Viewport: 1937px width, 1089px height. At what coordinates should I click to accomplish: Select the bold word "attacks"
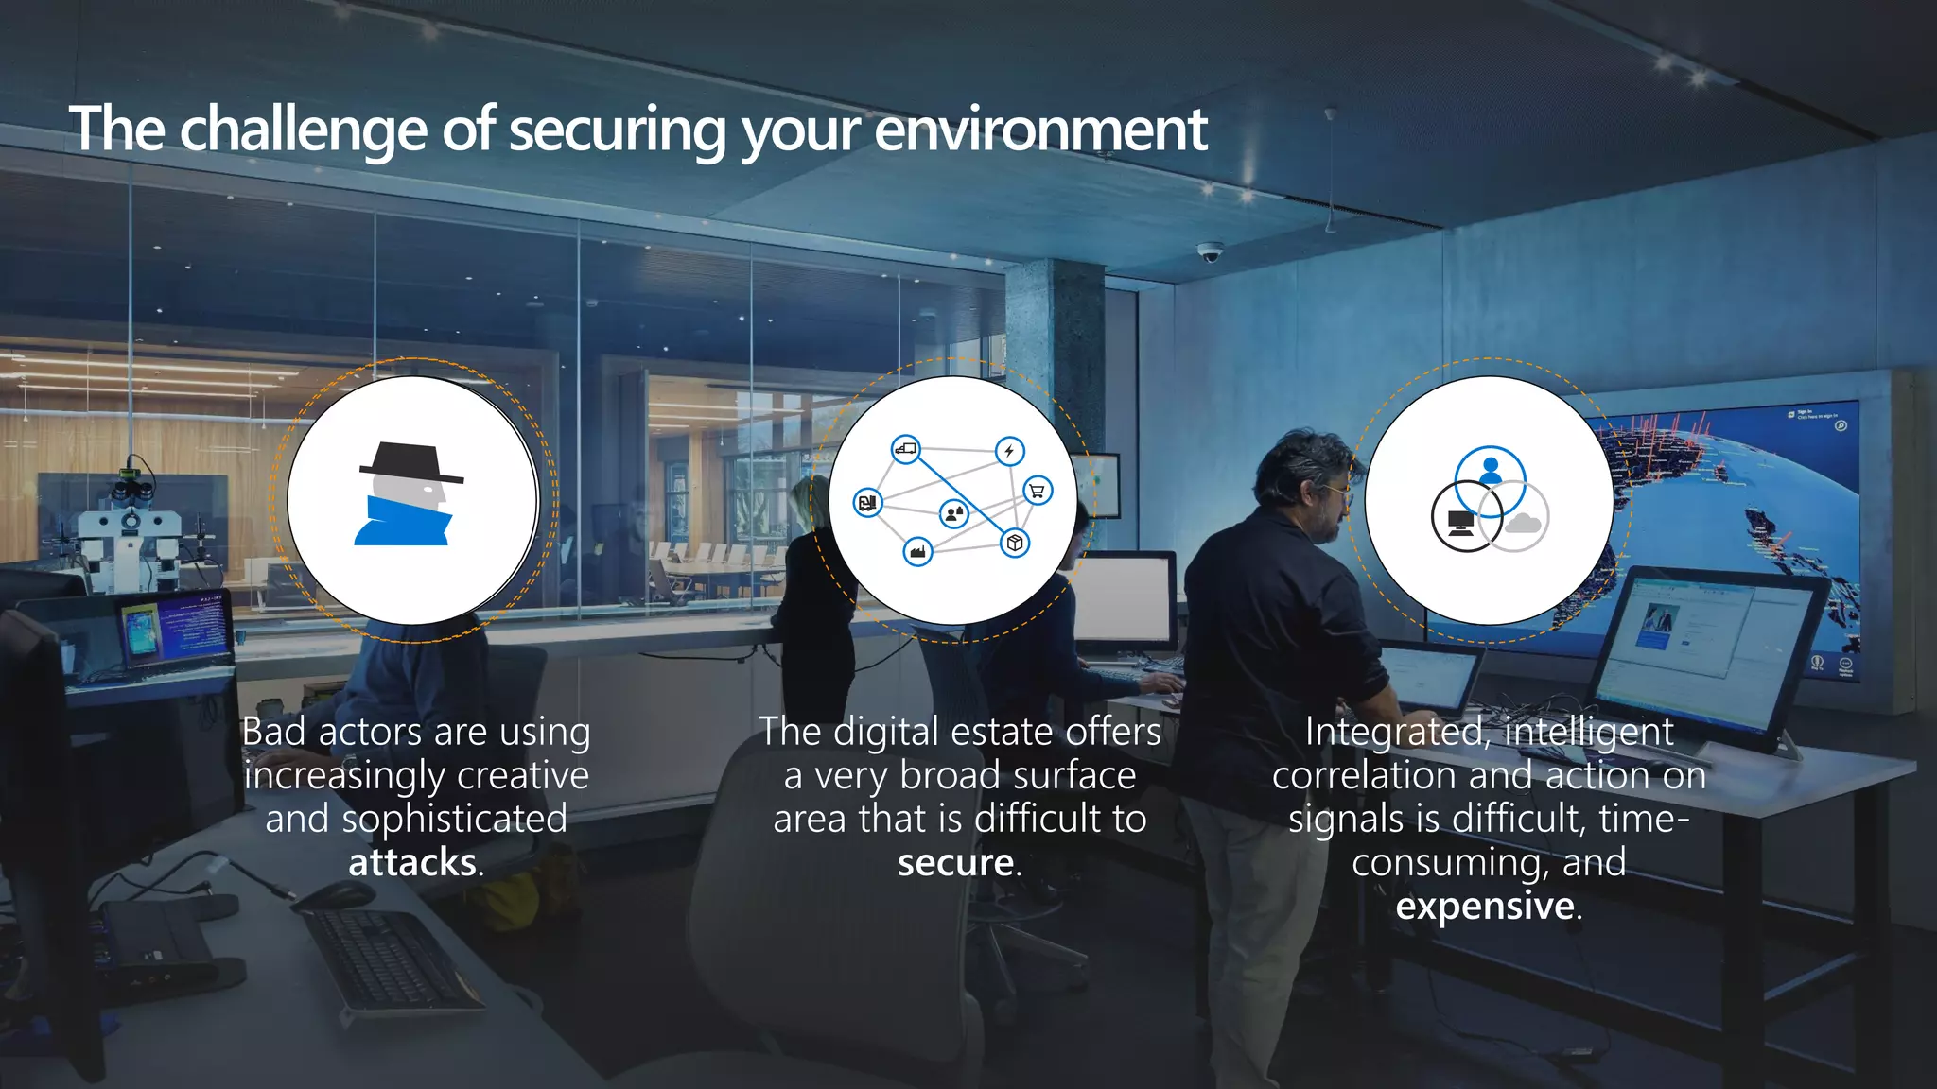[412, 862]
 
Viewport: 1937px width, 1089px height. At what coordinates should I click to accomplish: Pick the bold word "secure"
[955, 862]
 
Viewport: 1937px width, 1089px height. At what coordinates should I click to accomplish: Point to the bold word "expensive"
[1484, 906]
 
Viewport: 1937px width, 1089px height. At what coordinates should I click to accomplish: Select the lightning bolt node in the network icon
[1009, 451]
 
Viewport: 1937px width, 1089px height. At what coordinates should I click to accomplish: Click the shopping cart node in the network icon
[1038, 491]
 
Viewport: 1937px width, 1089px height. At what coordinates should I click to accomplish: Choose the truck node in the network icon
[905, 449]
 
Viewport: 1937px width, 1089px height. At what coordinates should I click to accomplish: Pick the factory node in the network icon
[916, 551]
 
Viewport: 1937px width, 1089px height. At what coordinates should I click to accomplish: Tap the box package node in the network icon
[1015, 543]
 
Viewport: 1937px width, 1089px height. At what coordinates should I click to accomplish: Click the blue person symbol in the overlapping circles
[1491, 470]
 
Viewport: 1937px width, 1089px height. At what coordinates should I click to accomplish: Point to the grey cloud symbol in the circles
[1522, 523]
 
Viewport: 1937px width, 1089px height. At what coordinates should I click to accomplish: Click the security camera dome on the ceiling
[1210, 251]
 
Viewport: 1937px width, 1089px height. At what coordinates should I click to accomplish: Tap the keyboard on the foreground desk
[389, 956]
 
